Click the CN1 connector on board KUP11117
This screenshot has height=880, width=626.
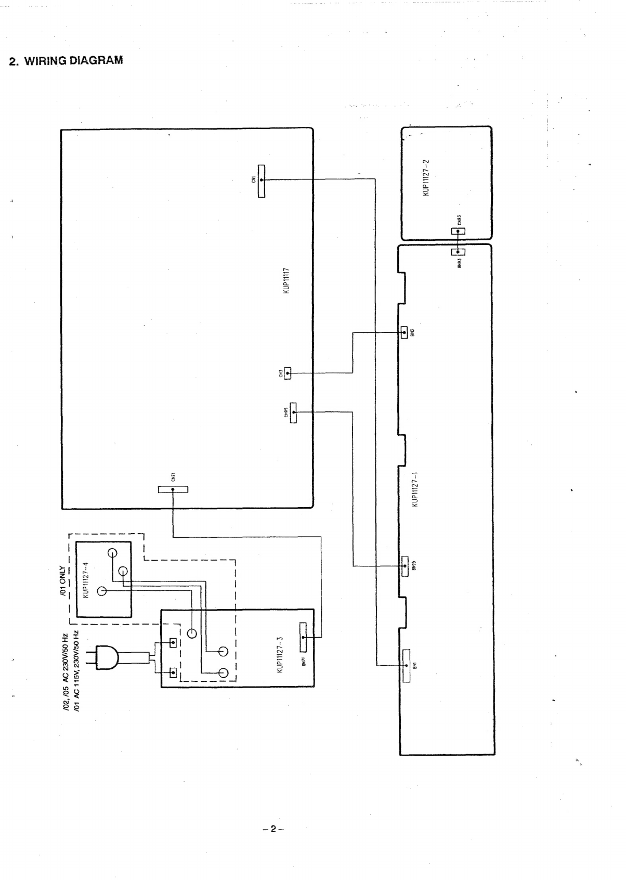pos(261,180)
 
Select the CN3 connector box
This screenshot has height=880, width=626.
pos(288,373)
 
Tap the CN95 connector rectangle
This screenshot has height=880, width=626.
pos(293,412)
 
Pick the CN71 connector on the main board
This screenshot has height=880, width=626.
pos(173,489)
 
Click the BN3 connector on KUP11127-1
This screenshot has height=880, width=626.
pos(404,331)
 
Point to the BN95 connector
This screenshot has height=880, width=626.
pos(405,566)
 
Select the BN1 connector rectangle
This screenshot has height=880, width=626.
pos(406,665)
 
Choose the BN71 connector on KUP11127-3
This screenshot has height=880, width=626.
pos(303,637)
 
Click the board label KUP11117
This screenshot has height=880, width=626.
pos(286,281)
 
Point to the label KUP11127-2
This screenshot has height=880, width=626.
pos(426,177)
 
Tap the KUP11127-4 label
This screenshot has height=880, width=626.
pos(87,579)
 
